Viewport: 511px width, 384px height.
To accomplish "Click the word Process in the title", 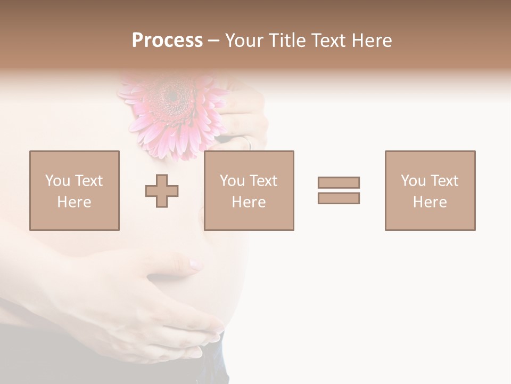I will coord(167,41).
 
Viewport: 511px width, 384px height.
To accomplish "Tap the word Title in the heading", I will coord(285,41).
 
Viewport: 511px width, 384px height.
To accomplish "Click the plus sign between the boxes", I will coord(162,191).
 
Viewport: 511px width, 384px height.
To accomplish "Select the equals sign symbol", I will coord(339,190).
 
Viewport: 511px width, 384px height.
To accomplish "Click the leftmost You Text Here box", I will coord(75,190).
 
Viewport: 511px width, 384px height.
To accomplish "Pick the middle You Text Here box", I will coord(249,190).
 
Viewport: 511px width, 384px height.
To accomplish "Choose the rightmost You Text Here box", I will coord(430,190).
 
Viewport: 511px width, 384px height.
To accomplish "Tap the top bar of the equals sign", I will coord(339,182).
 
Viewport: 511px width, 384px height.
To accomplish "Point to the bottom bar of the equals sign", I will coord(339,198).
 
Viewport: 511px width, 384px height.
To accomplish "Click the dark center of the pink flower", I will coord(172,97).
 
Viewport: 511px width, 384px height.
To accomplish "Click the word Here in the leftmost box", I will coord(74,202).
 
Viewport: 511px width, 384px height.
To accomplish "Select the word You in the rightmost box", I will coord(414,181).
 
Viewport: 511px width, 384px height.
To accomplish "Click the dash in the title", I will coord(213,41).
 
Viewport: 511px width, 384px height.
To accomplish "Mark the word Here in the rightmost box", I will coord(430,202).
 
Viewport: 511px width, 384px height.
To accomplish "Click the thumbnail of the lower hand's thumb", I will coord(195,264).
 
